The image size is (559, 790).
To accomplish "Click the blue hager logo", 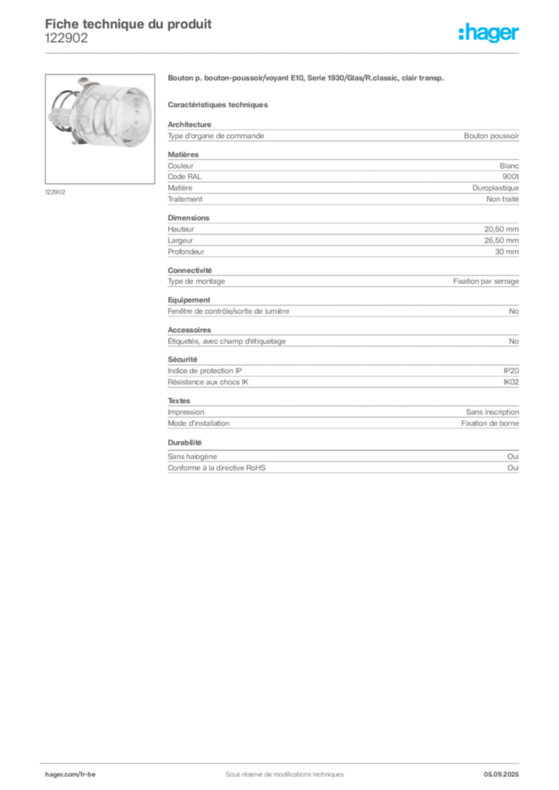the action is coord(490,33).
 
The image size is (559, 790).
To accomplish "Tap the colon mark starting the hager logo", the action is coord(459,33).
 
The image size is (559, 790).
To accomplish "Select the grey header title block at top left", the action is coord(128,31).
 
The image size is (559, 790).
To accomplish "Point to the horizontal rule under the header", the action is coord(284,52).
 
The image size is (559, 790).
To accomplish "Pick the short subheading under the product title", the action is coord(219,103).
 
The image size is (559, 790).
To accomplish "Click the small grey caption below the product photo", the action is coord(56,191).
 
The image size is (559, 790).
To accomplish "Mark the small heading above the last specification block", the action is coord(185,444).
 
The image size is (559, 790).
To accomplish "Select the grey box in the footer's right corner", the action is coord(506,769).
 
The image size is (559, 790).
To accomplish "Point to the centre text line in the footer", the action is coord(279,768).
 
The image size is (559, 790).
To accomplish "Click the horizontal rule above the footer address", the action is coord(284,760).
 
